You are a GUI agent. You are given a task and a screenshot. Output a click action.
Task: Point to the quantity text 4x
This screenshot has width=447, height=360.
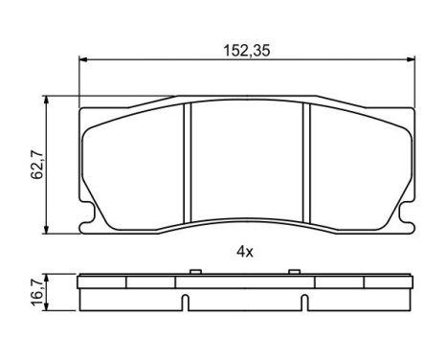point(245,252)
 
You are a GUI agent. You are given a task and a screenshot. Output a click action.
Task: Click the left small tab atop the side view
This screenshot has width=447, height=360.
point(195,273)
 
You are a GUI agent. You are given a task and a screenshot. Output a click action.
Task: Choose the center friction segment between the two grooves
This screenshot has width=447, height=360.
point(248,163)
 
